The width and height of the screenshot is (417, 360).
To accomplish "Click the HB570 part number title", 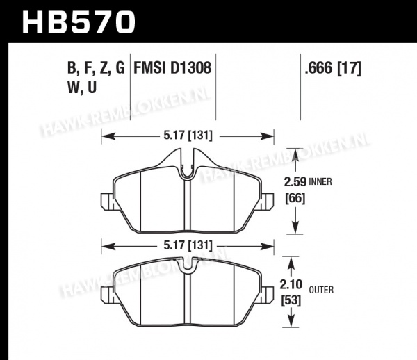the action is (x=79, y=22).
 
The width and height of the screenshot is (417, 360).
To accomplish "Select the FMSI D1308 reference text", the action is (x=172, y=67).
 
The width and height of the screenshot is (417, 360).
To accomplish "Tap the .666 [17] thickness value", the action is (x=333, y=68).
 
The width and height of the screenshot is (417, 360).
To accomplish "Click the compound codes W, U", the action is (x=82, y=88).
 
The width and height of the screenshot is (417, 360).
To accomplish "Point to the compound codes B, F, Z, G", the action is (x=96, y=68).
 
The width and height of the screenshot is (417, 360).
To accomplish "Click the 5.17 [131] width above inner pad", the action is (x=188, y=136).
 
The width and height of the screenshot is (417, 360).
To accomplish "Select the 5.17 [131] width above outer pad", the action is (x=188, y=245).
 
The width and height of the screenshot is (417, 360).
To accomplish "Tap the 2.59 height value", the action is (x=295, y=182).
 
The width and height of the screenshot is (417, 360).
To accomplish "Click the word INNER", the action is (x=320, y=182).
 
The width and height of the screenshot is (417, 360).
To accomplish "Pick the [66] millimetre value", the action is (x=295, y=198).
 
